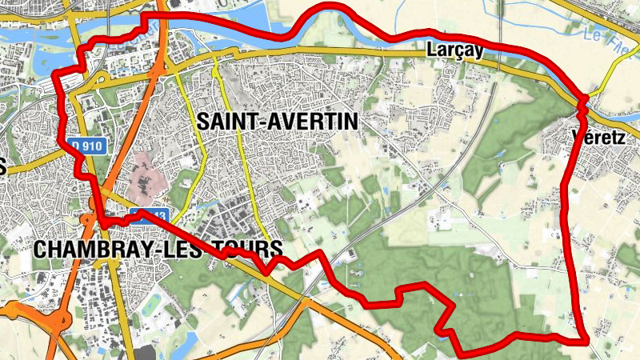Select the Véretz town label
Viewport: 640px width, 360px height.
click(x=599, y=137)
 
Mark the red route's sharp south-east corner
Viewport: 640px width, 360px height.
click(x=586, y=341)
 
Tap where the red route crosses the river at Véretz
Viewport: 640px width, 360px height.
click(x=583, y=99)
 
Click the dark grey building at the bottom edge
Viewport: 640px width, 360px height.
click(x=147, y=354)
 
